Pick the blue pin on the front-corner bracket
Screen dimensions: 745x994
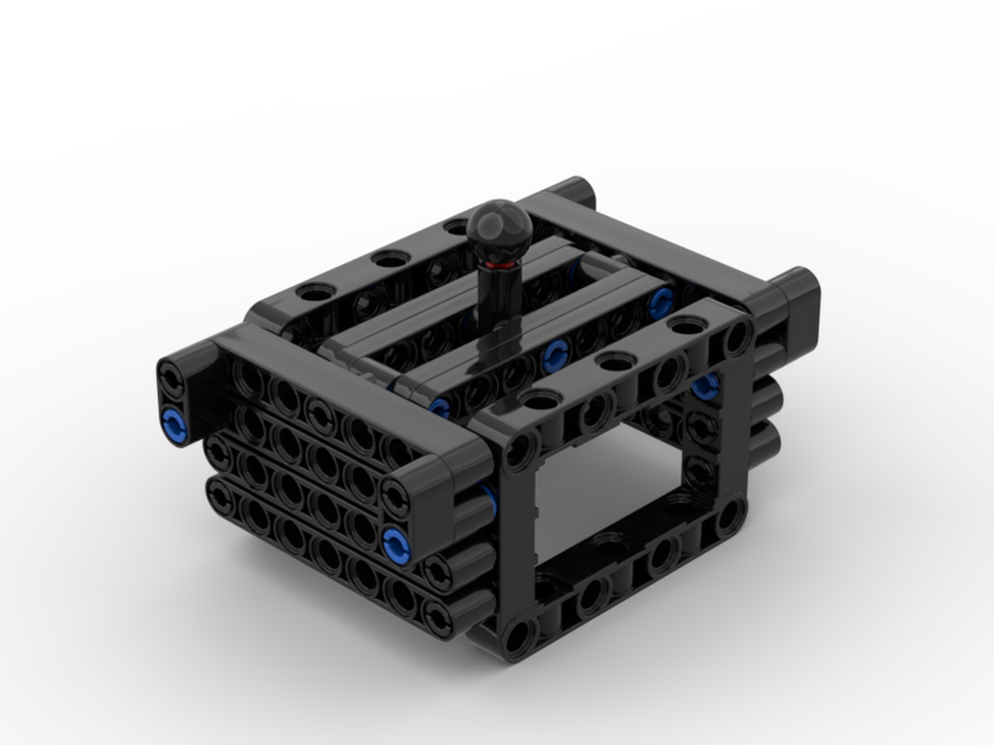pyautogui.click(x=396, y=541)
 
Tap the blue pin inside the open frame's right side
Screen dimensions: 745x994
pyautogui.click(x=705, y=385)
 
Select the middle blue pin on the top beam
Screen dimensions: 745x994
pyautogui.click(x=555, y=353)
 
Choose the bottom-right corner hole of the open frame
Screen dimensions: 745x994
pyautogui.click(x=731, y=514)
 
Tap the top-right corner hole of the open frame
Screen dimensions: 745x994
pyautogui.click(x=736, y=338)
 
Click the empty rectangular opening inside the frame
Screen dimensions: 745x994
pyautogui.click(x=606, y=497)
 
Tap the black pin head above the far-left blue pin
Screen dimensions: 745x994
pyautogui.click(x=174, y=378)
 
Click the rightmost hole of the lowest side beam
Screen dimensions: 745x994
pyautogui.click(x=435, y=614)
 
